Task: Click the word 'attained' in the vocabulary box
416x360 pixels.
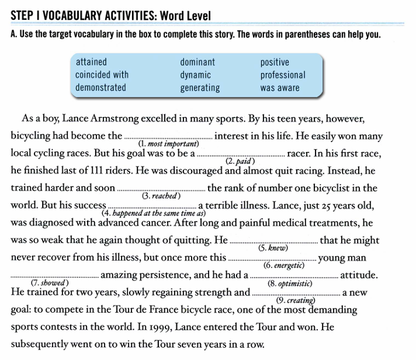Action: (x=91, y=62)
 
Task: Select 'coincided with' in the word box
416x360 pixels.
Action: (x=102, y=75)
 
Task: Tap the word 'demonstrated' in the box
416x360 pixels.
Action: (x=100, y=88)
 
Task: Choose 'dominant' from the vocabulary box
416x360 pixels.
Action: (x=197, y=62)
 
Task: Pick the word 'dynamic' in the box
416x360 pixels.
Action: (x=195, y=75)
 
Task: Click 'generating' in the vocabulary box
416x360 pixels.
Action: (x=200, y=88)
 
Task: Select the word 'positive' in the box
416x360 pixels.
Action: (x=275, y=62)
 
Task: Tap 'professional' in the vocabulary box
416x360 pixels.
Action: (x=283, y=75)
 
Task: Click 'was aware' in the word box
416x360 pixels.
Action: (x=280, y=88)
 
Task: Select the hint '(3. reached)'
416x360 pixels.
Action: (x=161, y=196)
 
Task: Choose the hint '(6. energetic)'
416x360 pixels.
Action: (x=285, y=265)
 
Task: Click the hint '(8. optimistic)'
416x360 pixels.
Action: (x=289, y=283)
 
